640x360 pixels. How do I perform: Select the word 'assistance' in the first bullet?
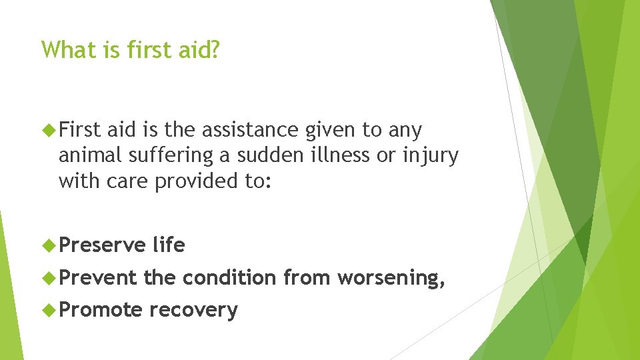point(253,130)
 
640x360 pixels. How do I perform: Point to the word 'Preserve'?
point(102,245)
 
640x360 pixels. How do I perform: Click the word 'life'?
point(169,245)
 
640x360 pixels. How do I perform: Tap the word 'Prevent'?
point(98,277)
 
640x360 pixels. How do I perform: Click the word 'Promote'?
point(101,310)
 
